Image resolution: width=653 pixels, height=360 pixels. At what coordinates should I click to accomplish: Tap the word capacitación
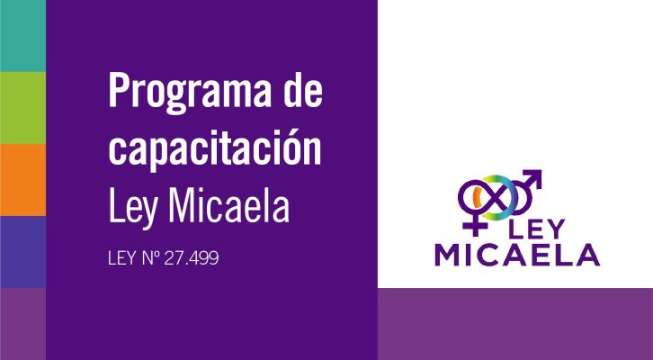(x=214, y=149)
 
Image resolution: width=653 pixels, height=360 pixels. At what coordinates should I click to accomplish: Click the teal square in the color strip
(x=22, y=36)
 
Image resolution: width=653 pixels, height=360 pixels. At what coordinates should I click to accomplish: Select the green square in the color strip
(x=22, y=108)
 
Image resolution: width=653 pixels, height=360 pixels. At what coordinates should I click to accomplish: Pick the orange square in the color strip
(x=22, y=180)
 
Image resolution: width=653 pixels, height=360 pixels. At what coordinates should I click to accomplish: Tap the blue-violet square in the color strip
(x=22, y=252)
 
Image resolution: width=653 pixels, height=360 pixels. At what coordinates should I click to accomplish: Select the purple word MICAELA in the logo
(x=517, y=255)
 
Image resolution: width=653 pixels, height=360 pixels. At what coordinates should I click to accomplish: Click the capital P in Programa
(x=119, y=91)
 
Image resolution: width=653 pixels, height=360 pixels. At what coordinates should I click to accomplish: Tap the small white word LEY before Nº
(x=121, y=258)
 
